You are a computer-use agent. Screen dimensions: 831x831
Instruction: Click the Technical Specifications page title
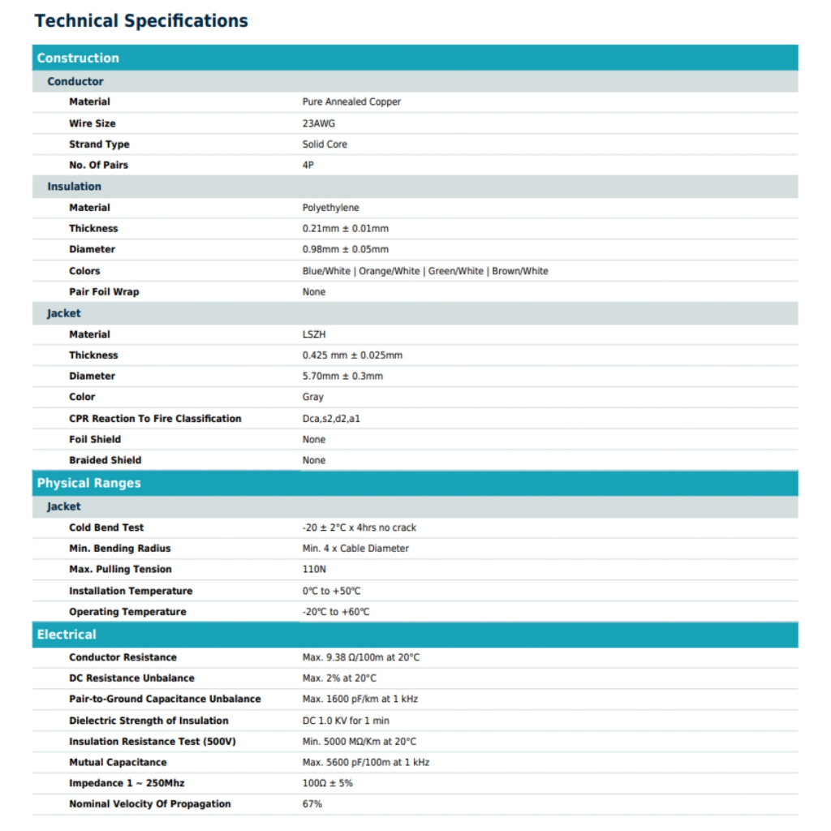[x=141, y=21]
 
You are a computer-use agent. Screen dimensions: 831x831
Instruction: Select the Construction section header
[x=78, y=58]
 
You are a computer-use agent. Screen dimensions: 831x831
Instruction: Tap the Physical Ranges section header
[x=88, y=483]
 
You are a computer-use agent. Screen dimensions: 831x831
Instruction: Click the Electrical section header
[x=67, y=635]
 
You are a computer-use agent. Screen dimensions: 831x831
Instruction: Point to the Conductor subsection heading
[x=75, y=81]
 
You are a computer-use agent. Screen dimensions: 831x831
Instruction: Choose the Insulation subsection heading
[x=74, y=187]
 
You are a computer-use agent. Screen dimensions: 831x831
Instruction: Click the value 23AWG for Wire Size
[x=318, y=123]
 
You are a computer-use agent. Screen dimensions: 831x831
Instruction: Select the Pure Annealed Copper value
[x=351, y=102]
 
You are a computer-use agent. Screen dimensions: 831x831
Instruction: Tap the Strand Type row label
[x=99, y=144]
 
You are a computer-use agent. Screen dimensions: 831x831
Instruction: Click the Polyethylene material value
[x=330, y=208]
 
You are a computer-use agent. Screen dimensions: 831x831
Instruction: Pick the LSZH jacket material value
[x=314, y=334]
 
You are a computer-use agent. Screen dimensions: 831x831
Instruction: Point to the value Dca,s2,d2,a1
[x=331, y=419]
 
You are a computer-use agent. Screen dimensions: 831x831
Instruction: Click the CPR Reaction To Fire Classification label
[x=155, y=419]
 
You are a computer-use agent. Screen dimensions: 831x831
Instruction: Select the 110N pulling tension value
[x=314, y=570]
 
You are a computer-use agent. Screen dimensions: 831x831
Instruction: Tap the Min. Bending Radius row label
[x=120, y=549]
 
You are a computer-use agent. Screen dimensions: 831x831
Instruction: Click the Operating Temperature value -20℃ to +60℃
[x=336, y=612]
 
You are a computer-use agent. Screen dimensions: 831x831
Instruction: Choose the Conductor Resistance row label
[x=123, y=657]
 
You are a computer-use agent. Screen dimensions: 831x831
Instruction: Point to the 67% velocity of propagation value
[x=312, y=804]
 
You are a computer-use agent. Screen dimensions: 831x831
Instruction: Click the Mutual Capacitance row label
[x=118, y=762]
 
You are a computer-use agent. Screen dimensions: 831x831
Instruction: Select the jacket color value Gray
[x=312, y=397]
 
